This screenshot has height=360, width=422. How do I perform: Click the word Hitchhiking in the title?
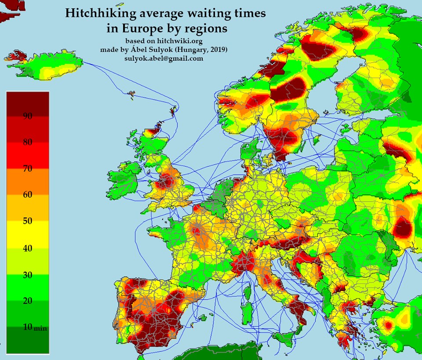click(101, 14)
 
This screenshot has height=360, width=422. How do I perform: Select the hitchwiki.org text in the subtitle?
click(179, 41)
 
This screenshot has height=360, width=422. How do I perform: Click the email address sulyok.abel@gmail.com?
click(164, 58)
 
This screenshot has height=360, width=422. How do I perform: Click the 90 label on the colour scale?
click(27, 116)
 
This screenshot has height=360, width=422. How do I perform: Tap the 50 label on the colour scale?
click(27, 221)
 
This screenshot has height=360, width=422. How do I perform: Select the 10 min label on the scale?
click(34, 327)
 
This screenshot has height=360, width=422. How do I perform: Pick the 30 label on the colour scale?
click(27, 275)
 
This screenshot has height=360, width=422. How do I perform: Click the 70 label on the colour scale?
click(27, 169)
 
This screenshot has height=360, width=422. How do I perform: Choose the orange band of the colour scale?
click(28, 182)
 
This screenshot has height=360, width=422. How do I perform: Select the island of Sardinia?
click(247, 309)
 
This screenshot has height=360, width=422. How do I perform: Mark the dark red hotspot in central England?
click(166, 181)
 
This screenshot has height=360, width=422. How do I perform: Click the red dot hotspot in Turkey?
click(388, 325)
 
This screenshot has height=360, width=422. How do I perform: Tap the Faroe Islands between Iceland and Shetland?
click(131, 95)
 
